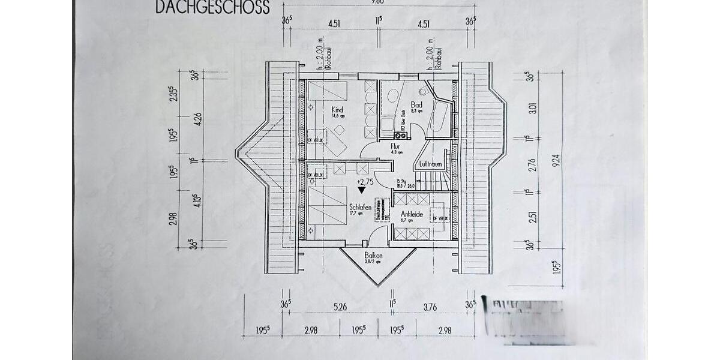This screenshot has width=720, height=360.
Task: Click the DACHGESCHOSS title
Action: point(212,7)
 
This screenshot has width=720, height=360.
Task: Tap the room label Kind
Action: point(337,110)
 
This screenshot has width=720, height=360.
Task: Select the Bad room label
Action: point(416,104)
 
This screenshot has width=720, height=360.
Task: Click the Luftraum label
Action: point(430,163)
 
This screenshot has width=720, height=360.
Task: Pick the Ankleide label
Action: point(412,214)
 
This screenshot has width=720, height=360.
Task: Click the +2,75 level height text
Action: point(365,181)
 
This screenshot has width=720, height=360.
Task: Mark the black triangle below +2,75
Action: point(361,190)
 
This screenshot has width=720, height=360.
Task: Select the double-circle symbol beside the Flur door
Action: point(401,136)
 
